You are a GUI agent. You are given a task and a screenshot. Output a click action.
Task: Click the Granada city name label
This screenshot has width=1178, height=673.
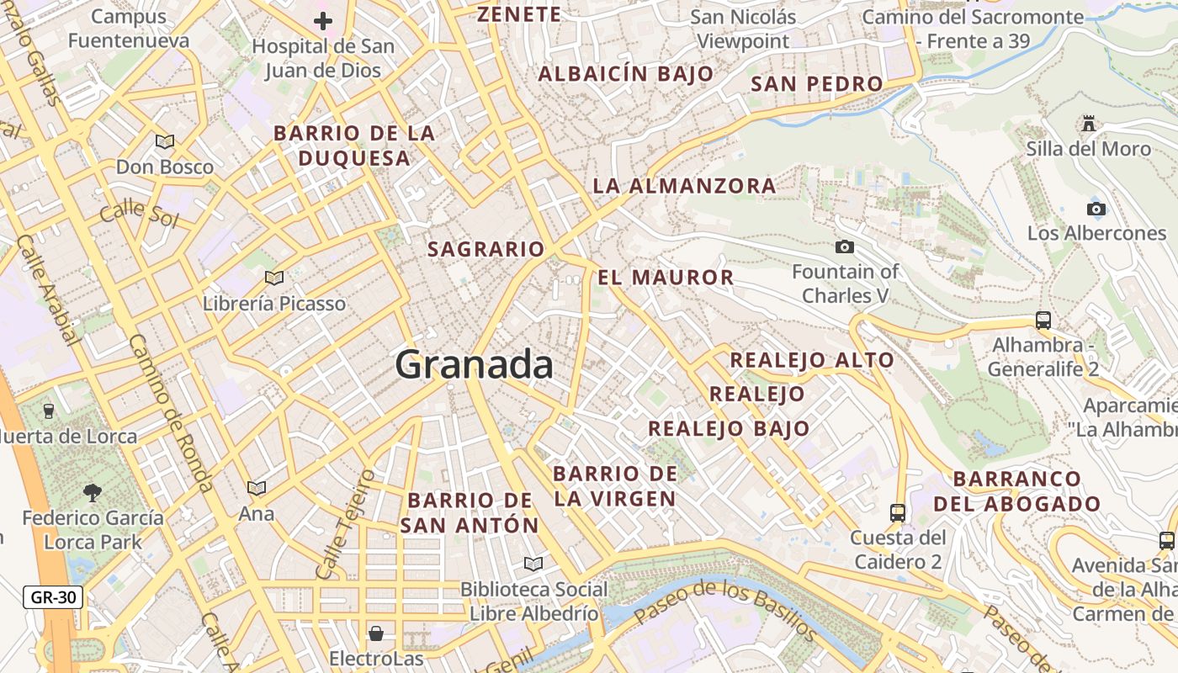[474, 365]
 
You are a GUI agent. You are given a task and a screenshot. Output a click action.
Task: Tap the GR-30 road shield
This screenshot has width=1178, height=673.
[53, 598]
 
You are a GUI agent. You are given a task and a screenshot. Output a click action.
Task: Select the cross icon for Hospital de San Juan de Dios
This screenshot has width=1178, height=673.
[323, 21]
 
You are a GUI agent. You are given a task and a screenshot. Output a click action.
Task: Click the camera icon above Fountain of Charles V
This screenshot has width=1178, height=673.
[845, 246]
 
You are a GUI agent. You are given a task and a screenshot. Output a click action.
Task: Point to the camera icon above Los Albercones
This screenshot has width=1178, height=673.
[1096, 209]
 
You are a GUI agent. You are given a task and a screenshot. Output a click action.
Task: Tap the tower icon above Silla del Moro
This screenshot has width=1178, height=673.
[1089, 125]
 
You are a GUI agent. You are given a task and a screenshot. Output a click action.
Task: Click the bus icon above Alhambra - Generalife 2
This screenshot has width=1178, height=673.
[1043, 320]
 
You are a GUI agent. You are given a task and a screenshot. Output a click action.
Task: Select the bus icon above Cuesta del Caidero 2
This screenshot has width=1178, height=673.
[898, 512]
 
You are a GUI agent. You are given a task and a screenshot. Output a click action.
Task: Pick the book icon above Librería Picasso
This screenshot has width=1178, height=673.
[274, 278]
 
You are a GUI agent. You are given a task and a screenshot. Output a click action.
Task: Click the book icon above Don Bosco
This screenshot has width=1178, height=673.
[165, 141]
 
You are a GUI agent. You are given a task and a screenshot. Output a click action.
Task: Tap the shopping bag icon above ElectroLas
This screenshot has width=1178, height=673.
[376, 632]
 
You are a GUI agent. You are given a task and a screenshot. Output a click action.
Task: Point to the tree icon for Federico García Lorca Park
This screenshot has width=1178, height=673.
[93, 492]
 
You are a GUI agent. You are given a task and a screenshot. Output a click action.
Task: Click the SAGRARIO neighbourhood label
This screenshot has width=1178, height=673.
[486, 250]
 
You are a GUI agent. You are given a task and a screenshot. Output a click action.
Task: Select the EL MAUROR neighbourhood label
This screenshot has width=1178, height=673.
[666, 278]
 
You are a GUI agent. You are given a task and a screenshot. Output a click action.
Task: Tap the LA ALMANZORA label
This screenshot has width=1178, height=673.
[684, 186]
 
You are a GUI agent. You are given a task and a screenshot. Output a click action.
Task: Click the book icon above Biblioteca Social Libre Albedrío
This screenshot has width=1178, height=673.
[533, 564]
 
